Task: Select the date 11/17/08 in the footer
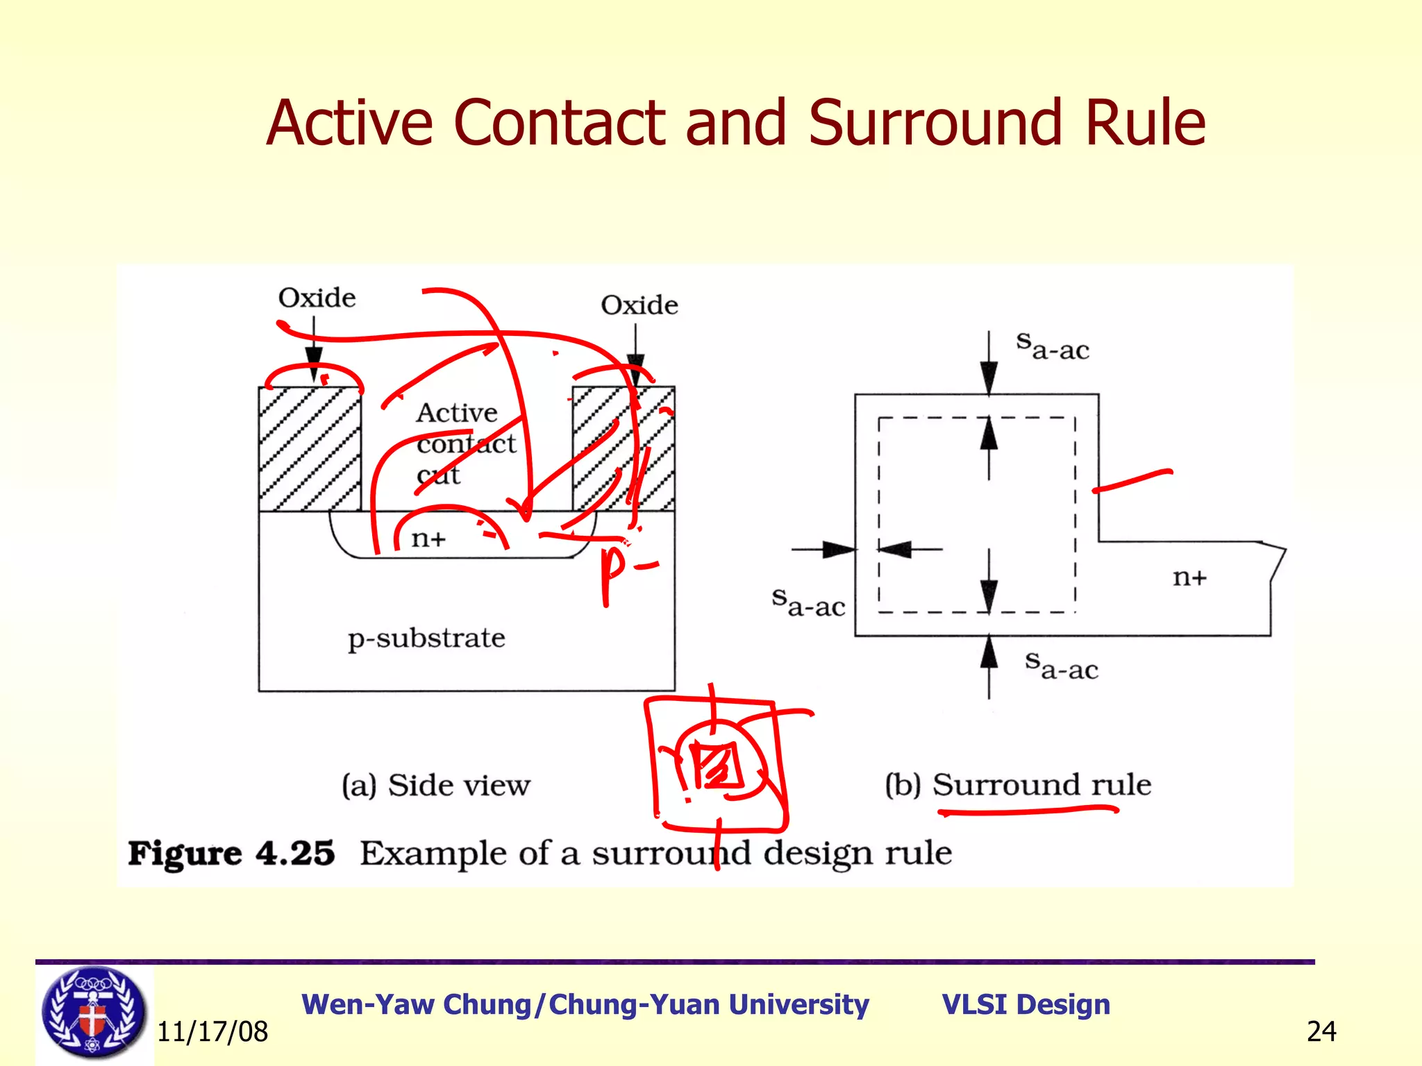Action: pos(212,1032)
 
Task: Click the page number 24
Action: pos(1321,1032)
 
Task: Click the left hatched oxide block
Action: pos(310,449)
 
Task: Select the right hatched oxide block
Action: pos(623,449)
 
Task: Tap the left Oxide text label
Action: pos(317,298)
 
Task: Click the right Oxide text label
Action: pos(639,305)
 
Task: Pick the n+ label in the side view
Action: pos(428,539)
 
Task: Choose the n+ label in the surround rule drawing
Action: pos(1189,577)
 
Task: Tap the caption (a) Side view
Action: pos(435,786)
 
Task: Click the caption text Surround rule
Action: pos(1042,785)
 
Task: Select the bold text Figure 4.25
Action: pos(231,853)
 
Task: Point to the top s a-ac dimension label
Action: pos(1052,346)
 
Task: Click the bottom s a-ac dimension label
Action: pos(1062,666)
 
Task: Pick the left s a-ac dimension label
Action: pos(808,602)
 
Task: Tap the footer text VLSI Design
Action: pos(1026,1004)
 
